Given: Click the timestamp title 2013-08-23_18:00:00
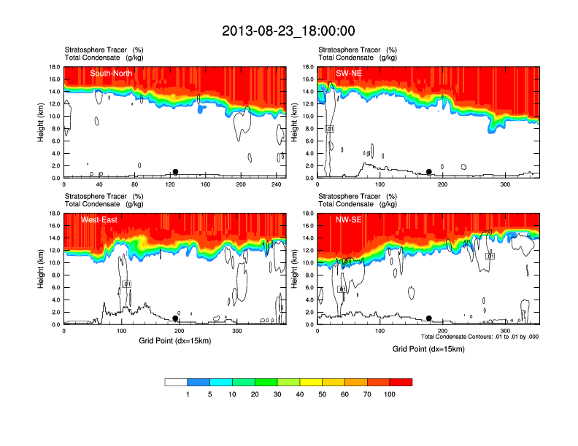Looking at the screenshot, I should (288, 31).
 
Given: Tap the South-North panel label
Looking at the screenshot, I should (111, 73).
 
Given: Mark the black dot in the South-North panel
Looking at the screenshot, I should (175, 172).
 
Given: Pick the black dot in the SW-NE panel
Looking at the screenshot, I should (429, 172).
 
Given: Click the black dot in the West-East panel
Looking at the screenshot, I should (175, 318).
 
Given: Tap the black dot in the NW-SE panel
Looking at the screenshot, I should (429, 318).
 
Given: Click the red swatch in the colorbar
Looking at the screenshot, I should (401, 382).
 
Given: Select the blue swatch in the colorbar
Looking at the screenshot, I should (199, 382).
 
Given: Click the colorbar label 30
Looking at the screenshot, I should (277, 394).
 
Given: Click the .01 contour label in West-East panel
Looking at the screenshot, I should (126, 283).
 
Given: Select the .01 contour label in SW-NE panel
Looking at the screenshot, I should (329, 129).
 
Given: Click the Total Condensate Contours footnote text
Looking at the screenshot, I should (479, 337).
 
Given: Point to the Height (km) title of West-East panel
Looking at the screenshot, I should (41, 269).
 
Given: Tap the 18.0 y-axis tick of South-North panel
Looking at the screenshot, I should (55, 67).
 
